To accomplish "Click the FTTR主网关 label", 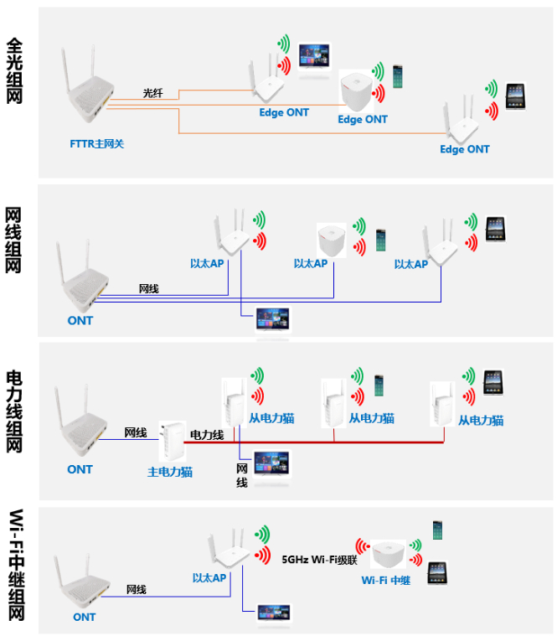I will pyautogui.click(x=96, y=143).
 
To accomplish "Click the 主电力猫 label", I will pyautogui.click(x=170, y=473).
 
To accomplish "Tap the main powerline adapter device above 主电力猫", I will pyautogui.click(x=172, y=441).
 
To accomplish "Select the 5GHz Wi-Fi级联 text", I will pyautogui.click(x=319, y=559).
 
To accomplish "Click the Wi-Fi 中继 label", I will pyautogui.click(x=385, y=582).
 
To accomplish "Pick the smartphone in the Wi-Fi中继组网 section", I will pyautogui.click(x=437, y=530).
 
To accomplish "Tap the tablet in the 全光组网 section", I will pyautogui.click(x=516, y=95).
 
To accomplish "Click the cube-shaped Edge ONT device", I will pyautogui.click(x=362, y=91).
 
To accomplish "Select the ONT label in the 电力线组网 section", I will pyautogui.click(x=80, y=469).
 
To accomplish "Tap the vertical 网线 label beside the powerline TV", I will pyautogui.click(x=241, y=475).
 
